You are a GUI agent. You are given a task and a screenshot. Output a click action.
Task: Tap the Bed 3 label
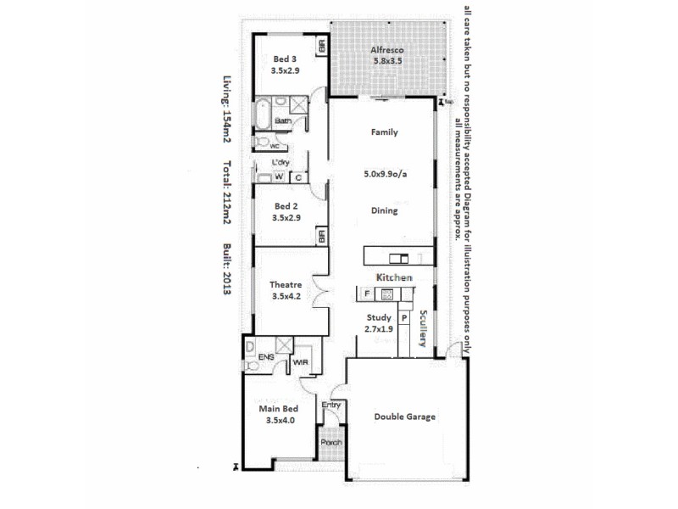click(x=285, y=59)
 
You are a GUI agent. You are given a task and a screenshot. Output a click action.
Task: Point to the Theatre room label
click(x=285, y=285)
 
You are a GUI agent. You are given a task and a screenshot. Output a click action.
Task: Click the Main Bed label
click(x=280, y=408)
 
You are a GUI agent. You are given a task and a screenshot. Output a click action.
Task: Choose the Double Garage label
click(x=405, y=417)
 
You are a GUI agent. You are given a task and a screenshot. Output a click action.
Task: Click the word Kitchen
click(x=395, y=278)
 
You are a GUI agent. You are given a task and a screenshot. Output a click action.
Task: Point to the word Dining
click(x=384, y=210)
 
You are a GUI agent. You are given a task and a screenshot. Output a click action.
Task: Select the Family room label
click(x=384, y=132)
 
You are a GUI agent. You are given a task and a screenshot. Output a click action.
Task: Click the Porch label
click(x=331, y=443)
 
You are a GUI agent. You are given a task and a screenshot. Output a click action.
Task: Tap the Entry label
click(x=331, y=405)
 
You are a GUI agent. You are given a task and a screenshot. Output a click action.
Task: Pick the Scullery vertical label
click(x=422, y=327)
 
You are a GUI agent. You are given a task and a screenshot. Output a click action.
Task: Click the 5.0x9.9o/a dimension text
click(x=384, y=176)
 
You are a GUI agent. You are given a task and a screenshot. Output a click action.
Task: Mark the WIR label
click(x=301, y=363)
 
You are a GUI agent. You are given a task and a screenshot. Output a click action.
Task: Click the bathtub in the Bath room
click(x=262, y=112)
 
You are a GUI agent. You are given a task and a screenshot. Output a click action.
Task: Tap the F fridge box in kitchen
click(x=366, y=294)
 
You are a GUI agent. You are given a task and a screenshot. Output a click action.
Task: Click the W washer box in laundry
click(x=278, y=177)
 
